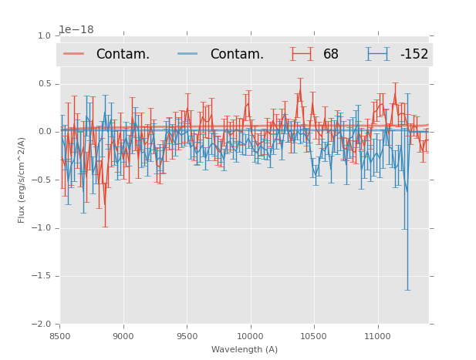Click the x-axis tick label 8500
coord(59,335)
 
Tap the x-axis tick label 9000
coord(123,335)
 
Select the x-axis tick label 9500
coord(187,335)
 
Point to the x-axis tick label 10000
coord(251,335)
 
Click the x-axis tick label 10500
coord(314,335)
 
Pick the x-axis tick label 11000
coord(378,335)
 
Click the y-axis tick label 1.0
coord(44,35)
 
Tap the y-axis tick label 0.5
coord(44,84)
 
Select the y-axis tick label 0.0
coord(44,132)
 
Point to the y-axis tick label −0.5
coord(42,180)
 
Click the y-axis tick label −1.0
coord(42,228)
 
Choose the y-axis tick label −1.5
coord(42,276)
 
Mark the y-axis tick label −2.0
coord(42,325)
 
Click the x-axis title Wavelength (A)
coord(245,350)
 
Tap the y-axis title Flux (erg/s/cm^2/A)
coord(22,180)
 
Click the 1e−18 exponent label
coord(76,30)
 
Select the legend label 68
coord(331,55)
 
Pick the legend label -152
coord(414,55)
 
